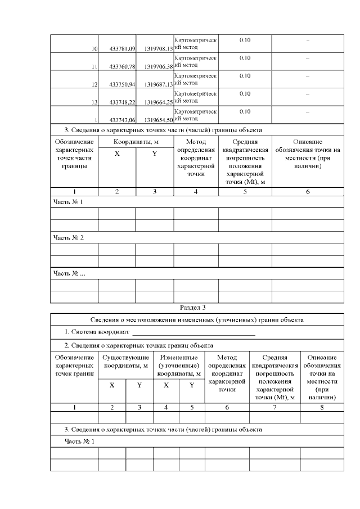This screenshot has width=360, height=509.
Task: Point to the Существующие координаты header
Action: (125, 361)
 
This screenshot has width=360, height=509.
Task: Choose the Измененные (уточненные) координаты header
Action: (179, 365)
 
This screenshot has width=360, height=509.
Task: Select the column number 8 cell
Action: (322, 407)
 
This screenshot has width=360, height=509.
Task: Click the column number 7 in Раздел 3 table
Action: (274, 407)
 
